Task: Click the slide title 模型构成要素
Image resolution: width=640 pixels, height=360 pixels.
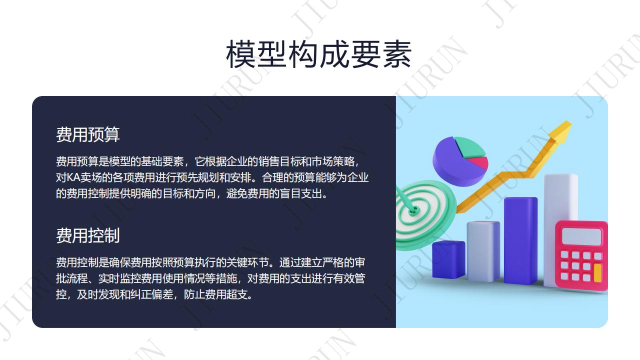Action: [318, 54]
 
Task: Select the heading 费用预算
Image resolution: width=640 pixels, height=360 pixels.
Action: [87, 134]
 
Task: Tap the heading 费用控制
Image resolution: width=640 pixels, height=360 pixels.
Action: [87, 235]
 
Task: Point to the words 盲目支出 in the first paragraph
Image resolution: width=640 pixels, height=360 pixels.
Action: [301, 193]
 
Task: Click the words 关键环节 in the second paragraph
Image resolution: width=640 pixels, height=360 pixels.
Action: [247, 262]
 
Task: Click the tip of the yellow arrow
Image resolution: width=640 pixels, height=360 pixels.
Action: [570, 122]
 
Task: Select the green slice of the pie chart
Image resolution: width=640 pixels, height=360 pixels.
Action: [468, 147]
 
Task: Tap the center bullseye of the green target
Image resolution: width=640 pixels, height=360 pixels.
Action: [413, 211]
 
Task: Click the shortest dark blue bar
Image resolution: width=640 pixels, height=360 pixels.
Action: [448, 259]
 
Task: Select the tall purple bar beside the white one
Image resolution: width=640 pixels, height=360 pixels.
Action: [520, 240]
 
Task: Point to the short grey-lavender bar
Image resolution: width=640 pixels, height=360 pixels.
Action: [483, 251]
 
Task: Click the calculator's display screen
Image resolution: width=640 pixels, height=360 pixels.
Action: [581, 237]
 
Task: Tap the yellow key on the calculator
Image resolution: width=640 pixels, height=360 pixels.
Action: [597, 273]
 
